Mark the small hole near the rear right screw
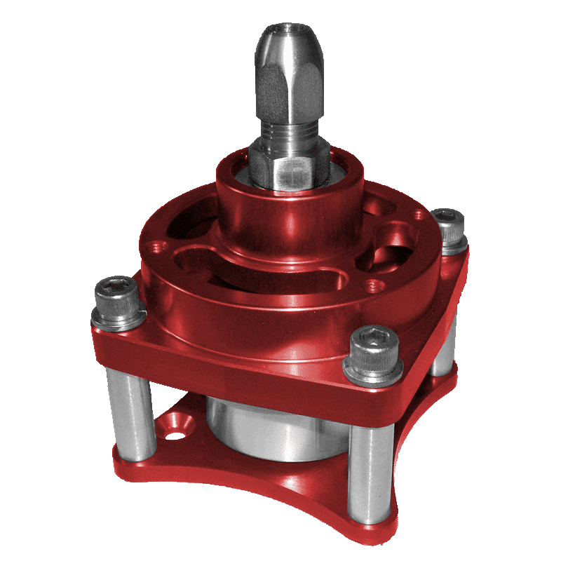point(419,215)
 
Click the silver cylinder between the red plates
point(266,428)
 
